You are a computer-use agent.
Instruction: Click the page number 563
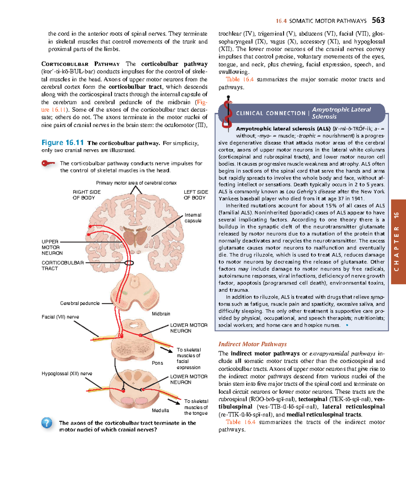(x=378, y=20)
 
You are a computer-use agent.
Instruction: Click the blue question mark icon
(x=47, y=423)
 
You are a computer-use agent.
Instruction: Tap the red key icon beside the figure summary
(x=48, y=164)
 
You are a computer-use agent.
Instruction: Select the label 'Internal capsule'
(x=193, y=218)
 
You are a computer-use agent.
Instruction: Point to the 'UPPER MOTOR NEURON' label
(x=52, y=247)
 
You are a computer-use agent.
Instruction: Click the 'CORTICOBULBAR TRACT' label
(x=62, y=266)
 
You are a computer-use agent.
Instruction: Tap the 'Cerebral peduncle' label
(x=80, y=303)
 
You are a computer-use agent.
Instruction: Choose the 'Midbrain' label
(x=161, y=314)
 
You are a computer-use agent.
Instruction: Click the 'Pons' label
(x=157, y=363)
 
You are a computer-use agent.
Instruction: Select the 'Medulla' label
(x=160, y=410)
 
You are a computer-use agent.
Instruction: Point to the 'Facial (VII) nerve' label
(x=60, y=317)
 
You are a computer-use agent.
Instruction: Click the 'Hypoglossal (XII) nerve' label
(x=67, y=373)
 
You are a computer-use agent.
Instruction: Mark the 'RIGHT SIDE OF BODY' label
(x=86, y=195)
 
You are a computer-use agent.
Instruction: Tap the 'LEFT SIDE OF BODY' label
(x=196, y=195)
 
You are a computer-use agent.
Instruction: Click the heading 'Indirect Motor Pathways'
(x=252, y=344)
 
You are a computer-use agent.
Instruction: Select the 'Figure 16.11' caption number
(x=62, y=143)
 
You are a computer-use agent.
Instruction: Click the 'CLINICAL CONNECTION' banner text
(x=270, y=113)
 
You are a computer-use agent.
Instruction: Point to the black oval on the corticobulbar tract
(x=129, y=263)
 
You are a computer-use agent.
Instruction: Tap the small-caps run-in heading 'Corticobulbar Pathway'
(x=80, y=64)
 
